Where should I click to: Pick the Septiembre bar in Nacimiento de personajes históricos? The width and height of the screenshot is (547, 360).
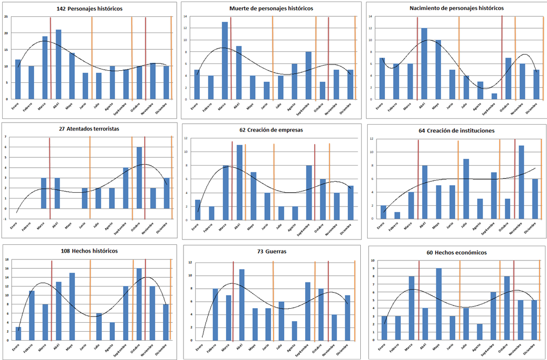coord(494,96)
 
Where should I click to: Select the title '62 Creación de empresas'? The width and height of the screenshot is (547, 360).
coord(271,129)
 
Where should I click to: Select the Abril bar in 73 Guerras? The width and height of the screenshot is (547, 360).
coord(242,304)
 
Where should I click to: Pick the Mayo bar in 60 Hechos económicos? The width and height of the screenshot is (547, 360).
coord(439,304)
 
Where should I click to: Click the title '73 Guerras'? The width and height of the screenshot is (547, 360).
coord(272,252)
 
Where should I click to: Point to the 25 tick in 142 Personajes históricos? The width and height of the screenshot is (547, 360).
coord(6,17)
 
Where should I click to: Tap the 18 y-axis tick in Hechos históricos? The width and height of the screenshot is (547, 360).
coord(6,259)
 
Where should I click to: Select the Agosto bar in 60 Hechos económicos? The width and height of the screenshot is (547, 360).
coord(480,332)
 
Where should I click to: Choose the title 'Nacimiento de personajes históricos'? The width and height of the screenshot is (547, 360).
coord(456,8)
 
